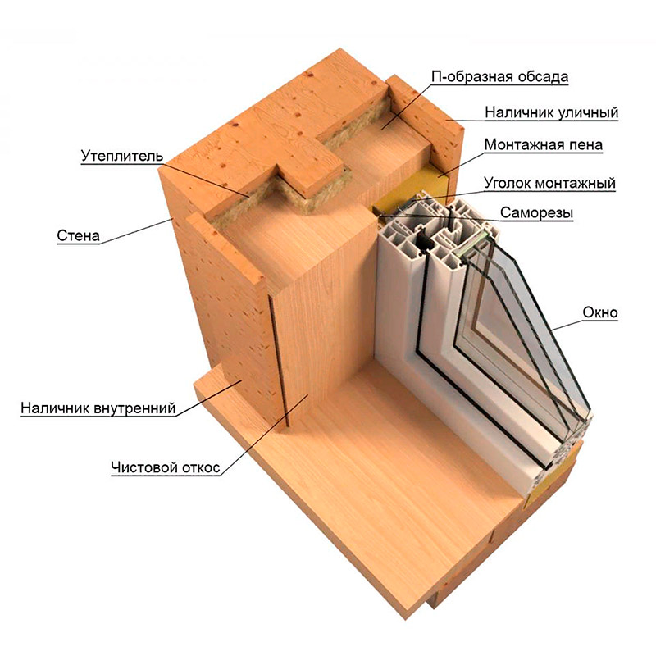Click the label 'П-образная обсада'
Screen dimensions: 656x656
[x=499, y=77]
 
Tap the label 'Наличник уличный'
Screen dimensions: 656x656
[x=551, y=112]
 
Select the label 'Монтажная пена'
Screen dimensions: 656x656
[x=544, y=145]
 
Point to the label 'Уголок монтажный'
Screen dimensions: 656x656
[x=549, y=183]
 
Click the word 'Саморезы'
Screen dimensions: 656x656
[x=536, y=213]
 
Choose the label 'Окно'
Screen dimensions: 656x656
[x=600, y=312]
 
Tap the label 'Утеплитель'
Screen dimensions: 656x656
[x=121, y=156]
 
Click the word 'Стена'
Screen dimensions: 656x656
[x=78, y=236]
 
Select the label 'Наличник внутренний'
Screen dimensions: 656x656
[x=98, y=408]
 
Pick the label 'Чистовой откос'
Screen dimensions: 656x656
[x=166, y=467]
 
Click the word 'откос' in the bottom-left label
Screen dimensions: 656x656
[x=199, y=467]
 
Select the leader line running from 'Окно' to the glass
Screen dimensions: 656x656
[x=567, y=325]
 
